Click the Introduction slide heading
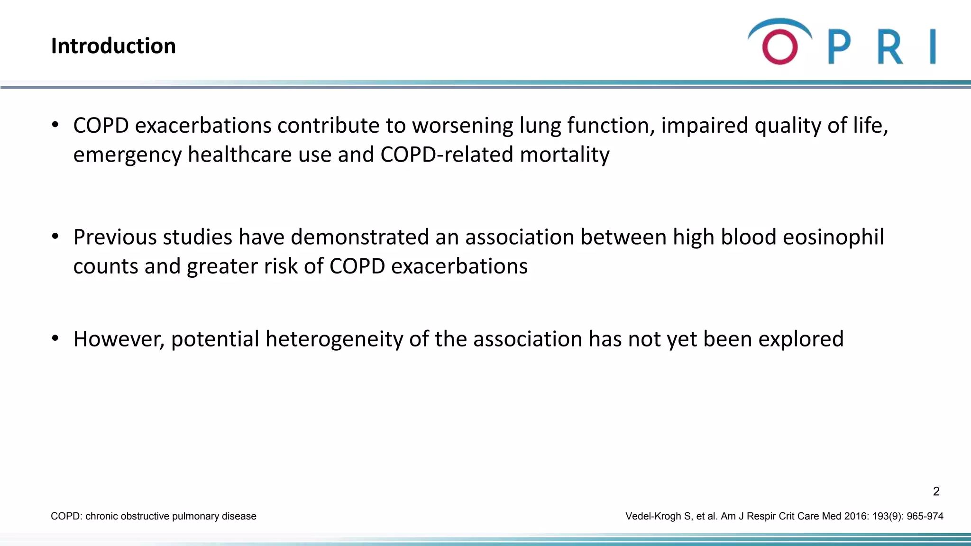(113, 46)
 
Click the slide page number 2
(936, 491)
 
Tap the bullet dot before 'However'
(55, 338)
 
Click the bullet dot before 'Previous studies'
(55, 236)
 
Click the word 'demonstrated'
(359, 237)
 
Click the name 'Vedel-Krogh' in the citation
(653, 516)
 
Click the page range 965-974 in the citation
(925, 516)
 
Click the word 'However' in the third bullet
(119, 339)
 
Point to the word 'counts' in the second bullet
(105, 266)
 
